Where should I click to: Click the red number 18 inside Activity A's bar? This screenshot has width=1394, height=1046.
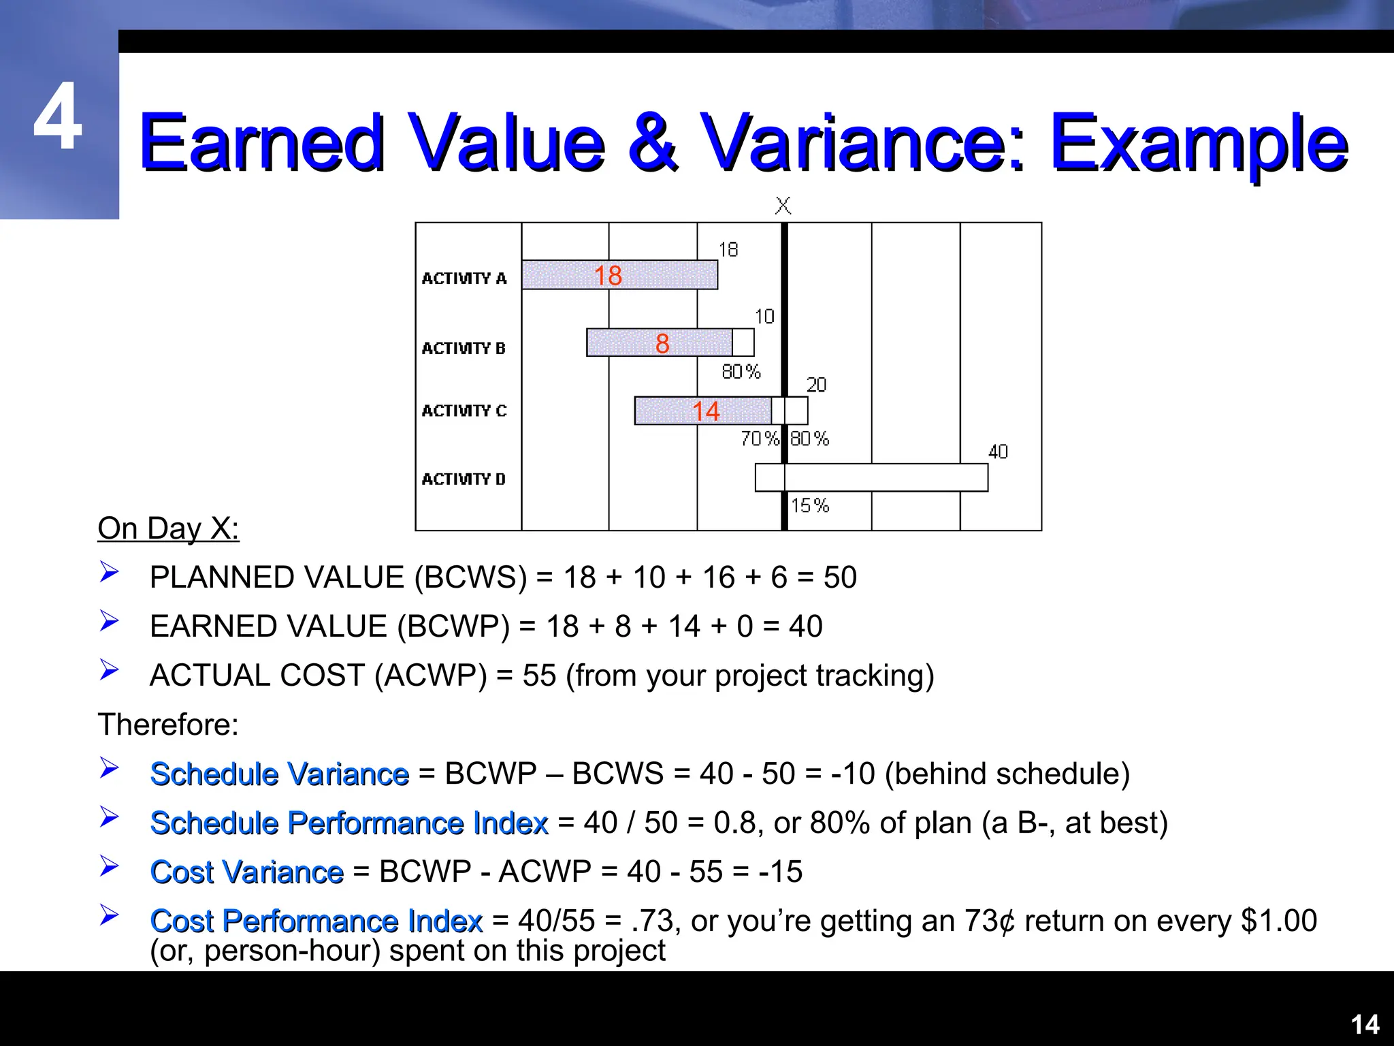point(608,276)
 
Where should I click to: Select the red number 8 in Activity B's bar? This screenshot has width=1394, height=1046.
point(662,343)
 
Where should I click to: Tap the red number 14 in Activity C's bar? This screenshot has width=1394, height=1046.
point(706,411)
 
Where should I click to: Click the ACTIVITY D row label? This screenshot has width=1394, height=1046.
point(464,479)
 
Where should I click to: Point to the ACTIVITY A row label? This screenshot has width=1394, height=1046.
point(464,278)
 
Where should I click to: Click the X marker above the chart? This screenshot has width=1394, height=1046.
point(783,205)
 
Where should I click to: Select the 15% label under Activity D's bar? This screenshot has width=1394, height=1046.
point(810,505)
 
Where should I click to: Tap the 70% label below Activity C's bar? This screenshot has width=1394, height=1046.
point(760,439)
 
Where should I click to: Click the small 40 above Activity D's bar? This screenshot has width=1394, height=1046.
point(998,451)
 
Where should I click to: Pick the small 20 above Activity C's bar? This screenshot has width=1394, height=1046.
point(816,385)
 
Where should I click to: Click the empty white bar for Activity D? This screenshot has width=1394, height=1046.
point(885,477)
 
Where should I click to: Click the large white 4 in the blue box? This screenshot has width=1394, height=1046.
point(58,116)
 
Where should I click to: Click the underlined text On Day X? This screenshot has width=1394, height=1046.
point(168,528)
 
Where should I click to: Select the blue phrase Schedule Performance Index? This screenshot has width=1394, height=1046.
point(349,823)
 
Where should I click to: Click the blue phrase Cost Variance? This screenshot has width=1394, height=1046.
point(247,872)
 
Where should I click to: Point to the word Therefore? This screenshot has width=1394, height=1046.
point(168,724)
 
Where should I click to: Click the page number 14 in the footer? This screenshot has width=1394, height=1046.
point(1364,1024)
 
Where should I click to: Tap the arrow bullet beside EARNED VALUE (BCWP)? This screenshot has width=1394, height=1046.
point(109,620)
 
